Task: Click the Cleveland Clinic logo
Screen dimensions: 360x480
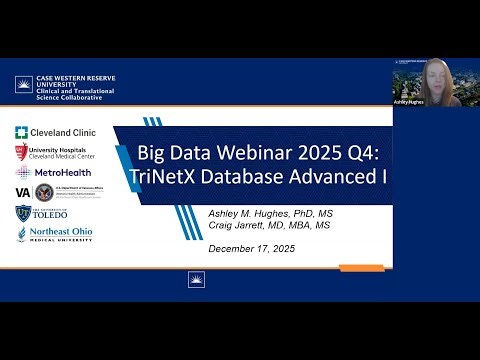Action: coord(49,131)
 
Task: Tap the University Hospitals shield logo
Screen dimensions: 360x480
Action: coord(22,152)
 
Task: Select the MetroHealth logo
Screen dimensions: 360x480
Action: coord(49,171)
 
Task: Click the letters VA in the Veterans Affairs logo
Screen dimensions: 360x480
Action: coord(22,192)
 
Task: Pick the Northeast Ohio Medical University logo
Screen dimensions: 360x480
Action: coord(50,235)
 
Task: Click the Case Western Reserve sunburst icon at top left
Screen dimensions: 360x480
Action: coord(23,86)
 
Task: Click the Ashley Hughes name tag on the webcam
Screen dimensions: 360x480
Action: coord(410,102)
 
